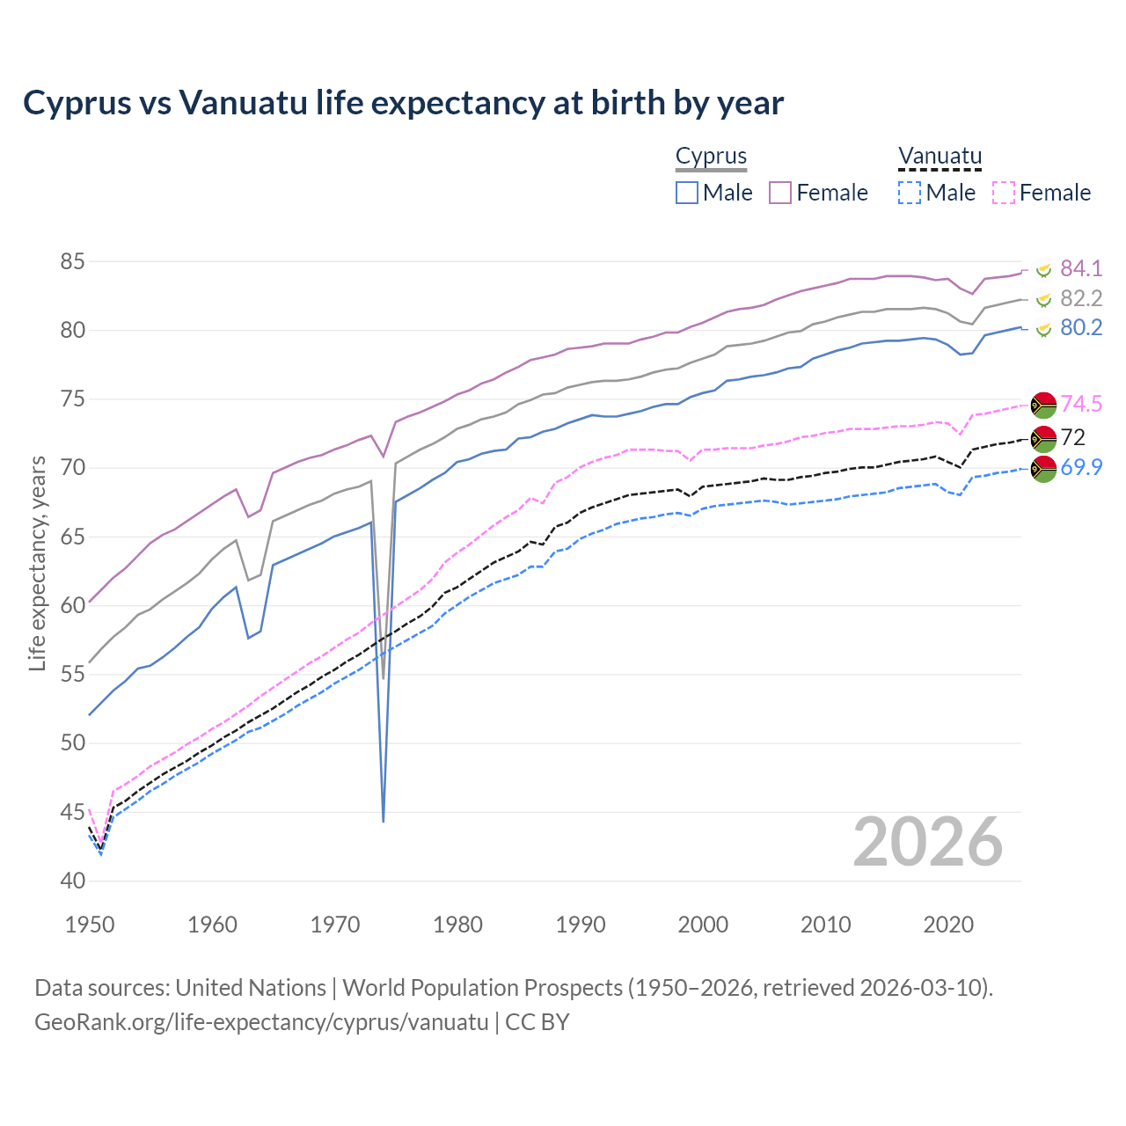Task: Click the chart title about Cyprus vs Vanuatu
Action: (403, 103)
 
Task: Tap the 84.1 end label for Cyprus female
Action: (1080, 268)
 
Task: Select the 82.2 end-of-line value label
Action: (1080, 298)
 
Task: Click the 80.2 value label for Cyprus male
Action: (1080, 328)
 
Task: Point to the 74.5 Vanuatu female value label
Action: (1080, 404)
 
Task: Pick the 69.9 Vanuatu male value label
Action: (1080, 467)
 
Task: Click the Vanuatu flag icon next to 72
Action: (1043, 437)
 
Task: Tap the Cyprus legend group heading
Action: (711, 157)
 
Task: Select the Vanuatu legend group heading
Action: (940, 157)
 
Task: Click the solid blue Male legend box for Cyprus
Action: (687, 193)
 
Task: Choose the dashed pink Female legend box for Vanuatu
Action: (1004, 193)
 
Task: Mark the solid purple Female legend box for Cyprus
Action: (781, 193)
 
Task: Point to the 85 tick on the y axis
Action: (73, 261)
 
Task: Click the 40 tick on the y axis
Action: (73, 881)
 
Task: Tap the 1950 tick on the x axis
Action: (90, 925)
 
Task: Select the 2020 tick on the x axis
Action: (948, 925)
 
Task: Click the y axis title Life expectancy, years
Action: (37, 563)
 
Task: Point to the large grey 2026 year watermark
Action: (927, 842)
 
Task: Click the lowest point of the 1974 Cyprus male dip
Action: (384, 822)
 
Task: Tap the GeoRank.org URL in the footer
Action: (261, 1022)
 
